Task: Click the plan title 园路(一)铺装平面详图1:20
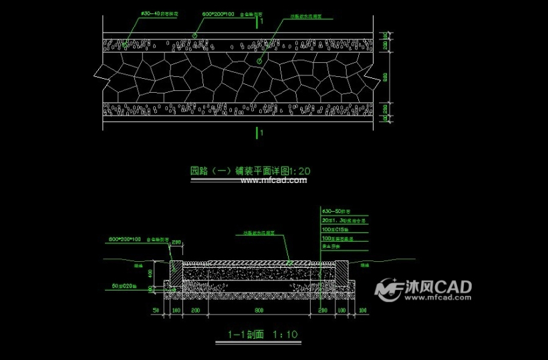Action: (x=249, y=171)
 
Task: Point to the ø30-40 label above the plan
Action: (x=158, y=14)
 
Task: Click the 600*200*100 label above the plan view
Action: (x=217, y=14)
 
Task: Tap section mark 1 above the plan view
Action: (x=261, y=20)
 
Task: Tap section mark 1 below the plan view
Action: (x=261, y=133)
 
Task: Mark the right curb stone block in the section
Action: (x=341, y=276)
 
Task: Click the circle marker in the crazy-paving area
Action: (x=259, y=61)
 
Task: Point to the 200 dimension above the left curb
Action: (x=176, y=242)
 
